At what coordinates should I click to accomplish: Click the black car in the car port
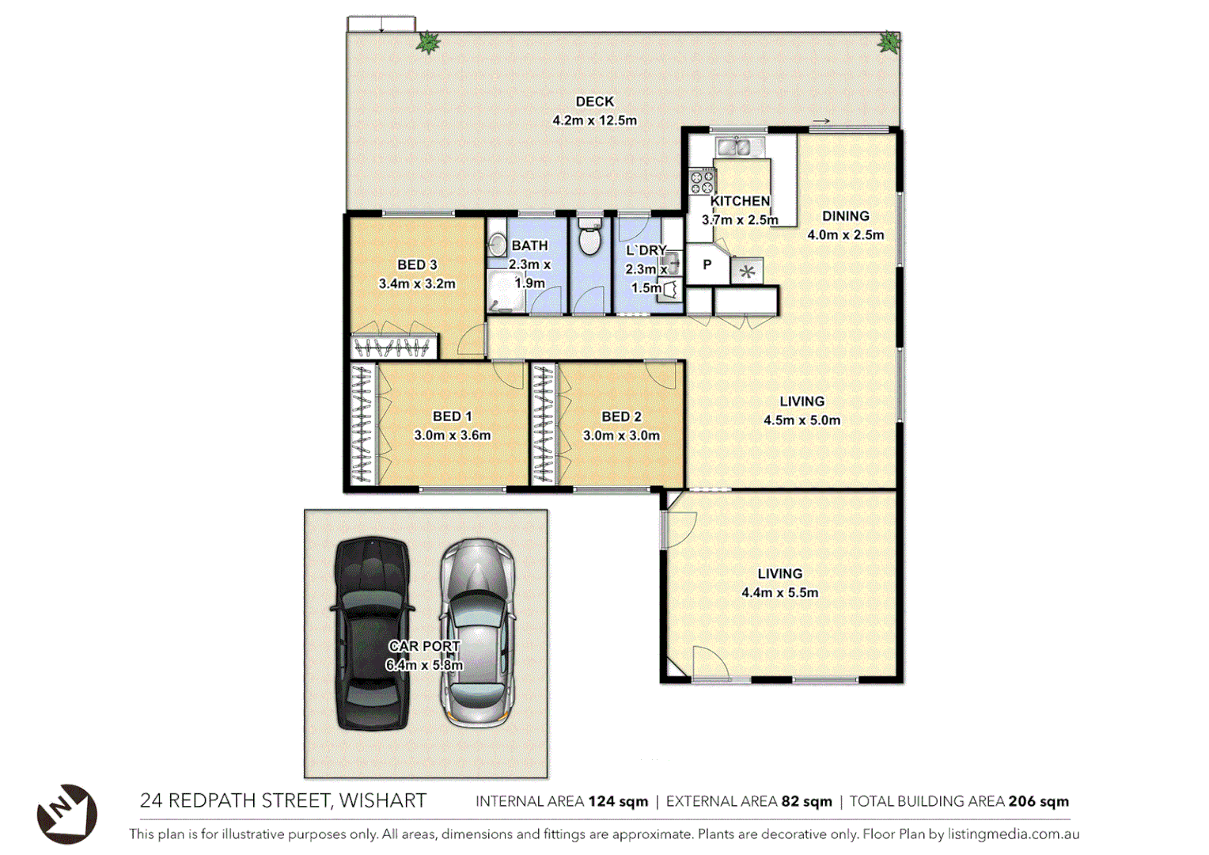tap(372, 633)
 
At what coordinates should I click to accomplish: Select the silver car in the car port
tap(477, 633)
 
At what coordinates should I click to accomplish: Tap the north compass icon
tap(66, 813)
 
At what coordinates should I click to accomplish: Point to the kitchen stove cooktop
tap(701, 181)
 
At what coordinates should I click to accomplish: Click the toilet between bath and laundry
tap(589, 237)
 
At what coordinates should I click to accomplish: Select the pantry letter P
tap(707, 264)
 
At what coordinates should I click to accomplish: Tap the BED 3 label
tap(417, 264)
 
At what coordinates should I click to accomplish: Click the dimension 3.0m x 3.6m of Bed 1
tap(452, 435)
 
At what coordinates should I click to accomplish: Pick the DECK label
tap(594, 101)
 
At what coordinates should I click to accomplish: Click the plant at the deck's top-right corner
tap(889, 42)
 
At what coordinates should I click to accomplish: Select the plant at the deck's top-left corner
tap(428, 42)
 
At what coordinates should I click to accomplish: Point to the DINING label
tap(845, 216)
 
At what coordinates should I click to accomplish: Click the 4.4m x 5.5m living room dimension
tap(779, 592)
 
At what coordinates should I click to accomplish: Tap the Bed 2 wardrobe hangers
tap(543, 423)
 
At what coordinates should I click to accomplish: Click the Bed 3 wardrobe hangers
tap(393, 347)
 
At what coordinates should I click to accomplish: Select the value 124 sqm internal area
tap(618, 801)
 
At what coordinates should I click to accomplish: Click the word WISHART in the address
tap(383, 800)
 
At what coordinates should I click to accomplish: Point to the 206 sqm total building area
tap(1038, 801)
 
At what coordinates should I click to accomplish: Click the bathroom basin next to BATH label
tap(496, 243)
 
